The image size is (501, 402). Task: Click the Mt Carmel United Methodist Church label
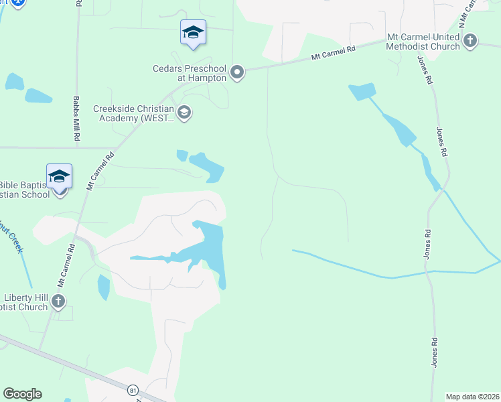[x=423, y=41]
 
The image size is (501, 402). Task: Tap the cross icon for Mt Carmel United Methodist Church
[x=470, y=41]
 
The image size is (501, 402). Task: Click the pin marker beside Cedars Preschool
[x=236, y=72]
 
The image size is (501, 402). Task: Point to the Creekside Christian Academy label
[x=133, y=113]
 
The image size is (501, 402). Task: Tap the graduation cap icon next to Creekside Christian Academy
[x=184, y=113]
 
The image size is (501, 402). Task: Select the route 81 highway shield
[x=133, y=389]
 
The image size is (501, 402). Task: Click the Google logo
[x=22, y=394]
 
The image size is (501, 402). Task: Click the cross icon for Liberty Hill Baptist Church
[x=58, y=301]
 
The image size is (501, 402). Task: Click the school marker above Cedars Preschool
[x=193, y=32]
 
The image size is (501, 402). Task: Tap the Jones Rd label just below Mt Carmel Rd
[x=424, y=70]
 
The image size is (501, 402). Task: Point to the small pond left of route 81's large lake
[x=103, y=287]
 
